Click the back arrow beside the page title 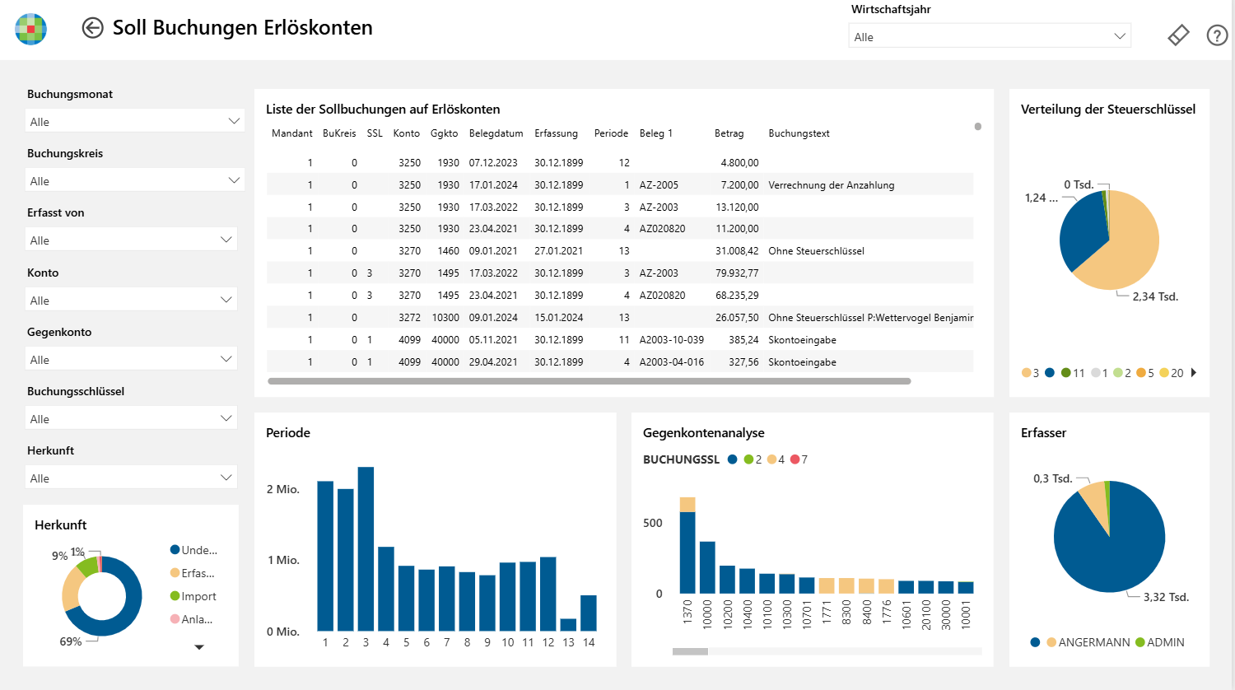click(x=92, y=27)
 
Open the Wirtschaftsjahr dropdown click(x=989, y=36)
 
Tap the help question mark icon click(x=1216, y=36)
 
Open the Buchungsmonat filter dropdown click(x=134, y=121)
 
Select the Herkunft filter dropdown click(x=131, y=477)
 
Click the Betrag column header click(x=729, y=133)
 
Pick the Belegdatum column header click(x=496, y=133)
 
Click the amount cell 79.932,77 click(x=737, y=273)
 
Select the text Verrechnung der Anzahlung click(x=831, y=184)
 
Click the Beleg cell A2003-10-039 click(x=671, y=340)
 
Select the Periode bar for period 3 click(x=366, y=549)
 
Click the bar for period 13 click(x=568, y=625)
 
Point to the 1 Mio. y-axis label click(x=283, y=561)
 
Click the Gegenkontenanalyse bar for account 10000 click(x=706, y=567)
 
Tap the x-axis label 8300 click(x=846, y=613)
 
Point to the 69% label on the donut click(x=71, y=641)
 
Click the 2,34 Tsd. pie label click(x=1154, y=296)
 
